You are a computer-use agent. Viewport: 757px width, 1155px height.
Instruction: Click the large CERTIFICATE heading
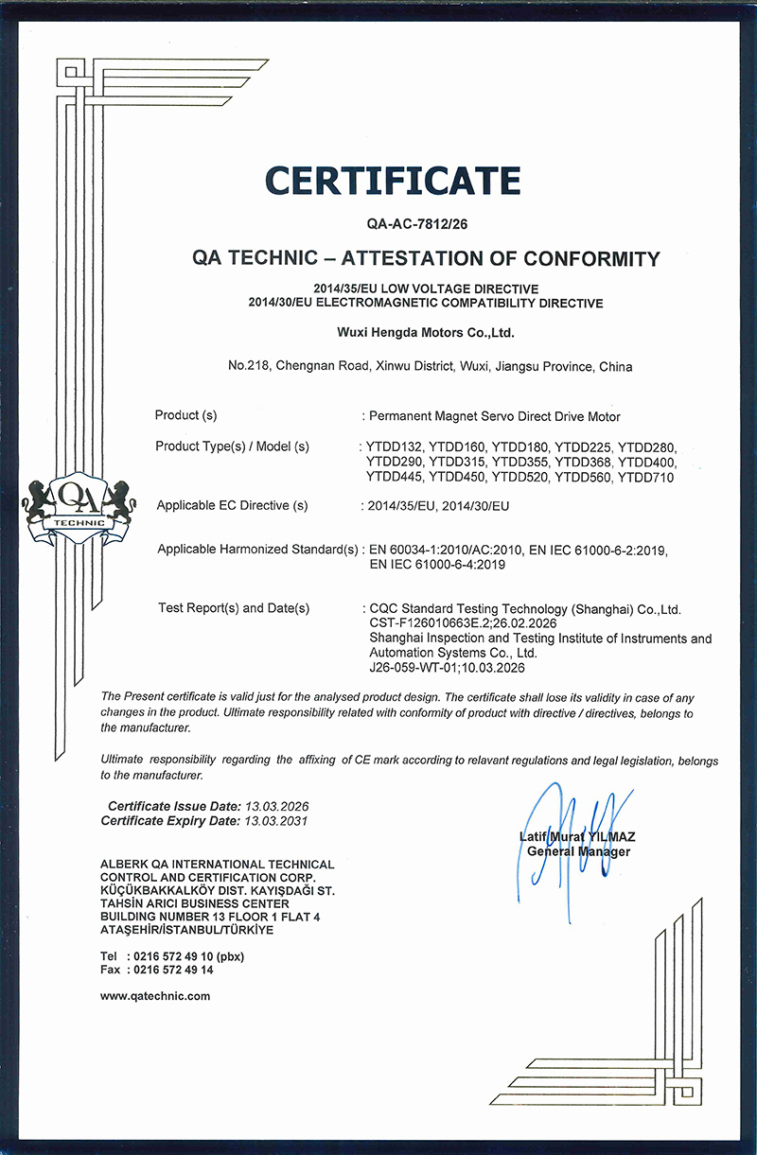point(393,180)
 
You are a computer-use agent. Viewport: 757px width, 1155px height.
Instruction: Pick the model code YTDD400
point(647,462)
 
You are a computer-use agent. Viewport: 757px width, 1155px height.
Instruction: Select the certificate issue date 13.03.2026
point(277,806)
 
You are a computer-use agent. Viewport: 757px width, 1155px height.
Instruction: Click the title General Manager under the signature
point(578,852)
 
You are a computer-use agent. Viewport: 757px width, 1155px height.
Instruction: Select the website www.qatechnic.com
point(155,996)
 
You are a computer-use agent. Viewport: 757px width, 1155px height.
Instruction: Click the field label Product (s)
point(186,415)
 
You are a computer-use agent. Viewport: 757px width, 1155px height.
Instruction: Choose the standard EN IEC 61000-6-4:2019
point(437,566)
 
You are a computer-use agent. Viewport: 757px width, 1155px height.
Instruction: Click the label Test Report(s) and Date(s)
point(234,608)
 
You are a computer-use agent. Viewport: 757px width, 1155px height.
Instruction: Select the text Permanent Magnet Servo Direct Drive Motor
point(494,416)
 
